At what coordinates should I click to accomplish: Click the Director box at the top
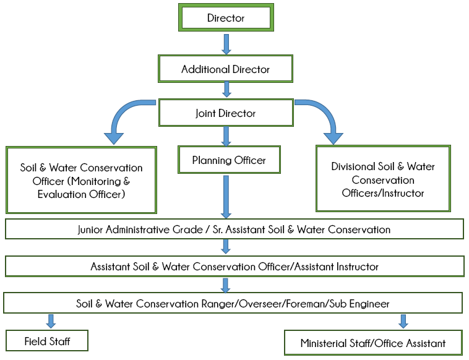[226, 18]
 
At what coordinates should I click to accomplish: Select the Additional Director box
[226, 69]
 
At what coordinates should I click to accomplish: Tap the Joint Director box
[226, 113]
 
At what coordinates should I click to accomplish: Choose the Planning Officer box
[229, 160]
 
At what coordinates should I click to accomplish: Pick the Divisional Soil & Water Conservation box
[383, 180]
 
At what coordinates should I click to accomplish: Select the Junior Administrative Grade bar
[234, 229]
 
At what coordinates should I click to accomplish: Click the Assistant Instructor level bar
[234, 267]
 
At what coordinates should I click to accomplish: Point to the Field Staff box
[47, 341]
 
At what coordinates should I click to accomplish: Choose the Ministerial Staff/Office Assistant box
[373, 343]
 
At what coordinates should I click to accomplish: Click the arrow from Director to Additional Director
[226, 43]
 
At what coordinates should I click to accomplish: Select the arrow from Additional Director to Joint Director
[226, 90]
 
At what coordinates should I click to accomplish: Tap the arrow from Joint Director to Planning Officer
[226, 135]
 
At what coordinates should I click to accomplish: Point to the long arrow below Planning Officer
[226, 195]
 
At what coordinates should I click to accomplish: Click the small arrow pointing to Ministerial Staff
[403, 320]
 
